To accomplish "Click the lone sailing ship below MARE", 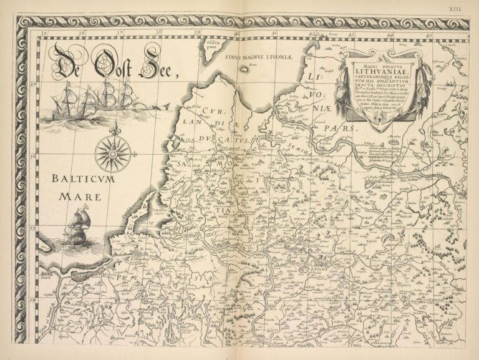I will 77,228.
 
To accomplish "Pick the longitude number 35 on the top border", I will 43,34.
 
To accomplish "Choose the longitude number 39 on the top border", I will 196,34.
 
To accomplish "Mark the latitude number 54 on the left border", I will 32,300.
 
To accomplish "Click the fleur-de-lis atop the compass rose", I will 113,130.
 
